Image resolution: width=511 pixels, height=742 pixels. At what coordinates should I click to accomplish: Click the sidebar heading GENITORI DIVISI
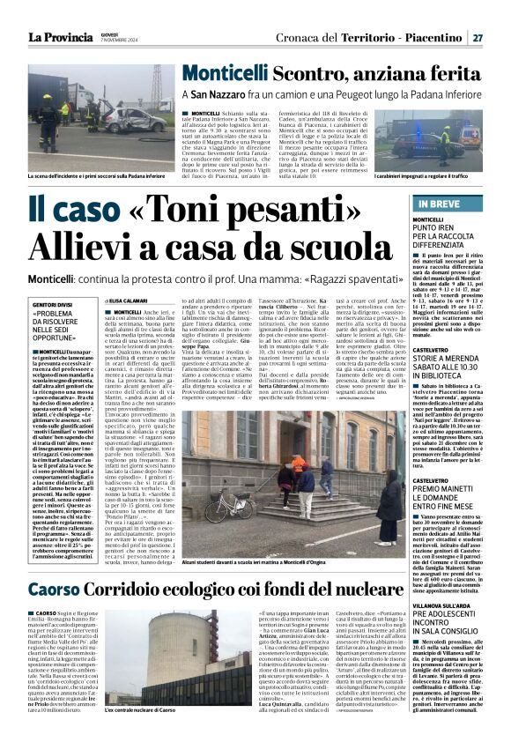[x=56, y=305]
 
